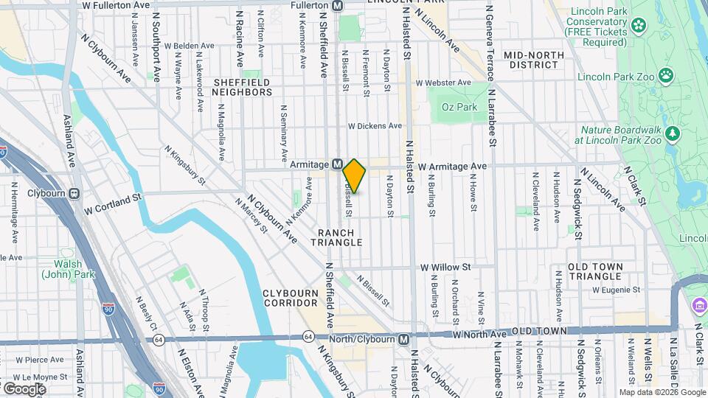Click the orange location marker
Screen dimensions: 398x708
[x=354, y=175]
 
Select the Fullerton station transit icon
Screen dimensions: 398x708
[x=338, y=5]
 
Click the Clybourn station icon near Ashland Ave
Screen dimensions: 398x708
[x=74, y=194]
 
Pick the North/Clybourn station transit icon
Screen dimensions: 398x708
[x=403, y=339]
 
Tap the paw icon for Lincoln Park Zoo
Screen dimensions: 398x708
[x=667, y=74]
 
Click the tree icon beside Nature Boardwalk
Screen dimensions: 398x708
[x=672, y=133]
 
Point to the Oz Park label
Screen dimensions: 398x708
[x=459, y=108]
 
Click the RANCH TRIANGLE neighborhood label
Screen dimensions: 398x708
[x=336, y=237]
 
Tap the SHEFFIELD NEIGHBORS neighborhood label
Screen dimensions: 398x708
[x=242, y=87]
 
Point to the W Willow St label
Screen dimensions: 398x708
[x=445, y=267]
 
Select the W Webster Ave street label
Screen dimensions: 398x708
[x=443, y=83]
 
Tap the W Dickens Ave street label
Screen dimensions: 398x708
[x=375, y=126]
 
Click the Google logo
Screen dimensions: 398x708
[x=24, y=388]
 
